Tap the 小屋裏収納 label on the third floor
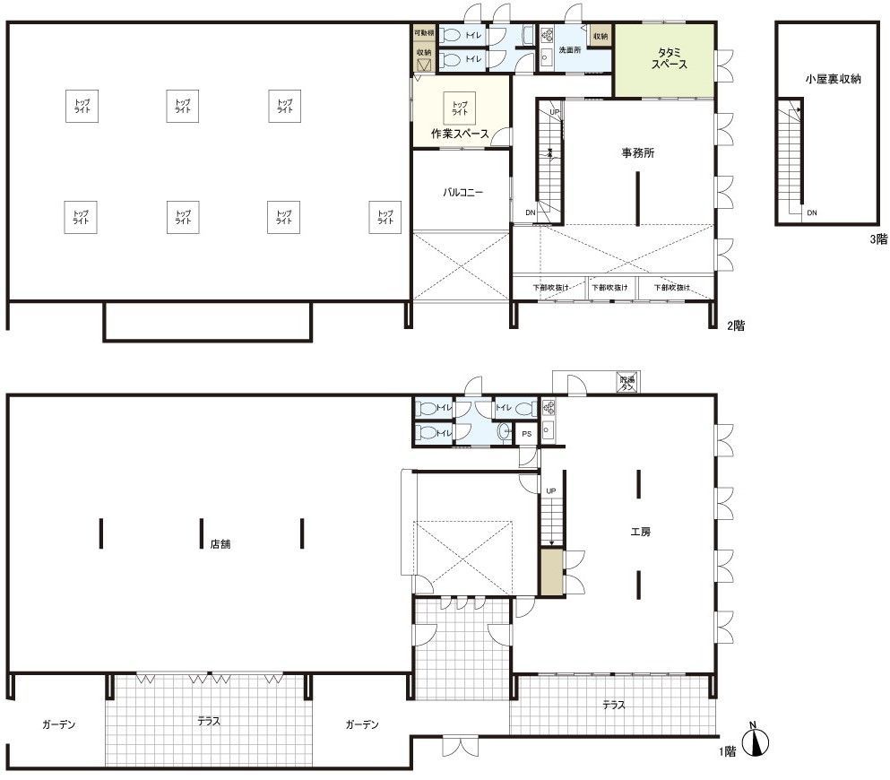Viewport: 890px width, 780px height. coord(833,80)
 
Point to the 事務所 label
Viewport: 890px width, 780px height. coord(637,153)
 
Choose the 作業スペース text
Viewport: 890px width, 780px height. coord(460,134)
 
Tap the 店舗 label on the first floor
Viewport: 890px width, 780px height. coord(220,544)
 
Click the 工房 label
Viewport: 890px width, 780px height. coord(640,532)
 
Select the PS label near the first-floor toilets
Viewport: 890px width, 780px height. coord(526,434)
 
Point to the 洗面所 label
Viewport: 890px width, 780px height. coord(570,50)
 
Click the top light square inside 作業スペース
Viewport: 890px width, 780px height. coord(460,108)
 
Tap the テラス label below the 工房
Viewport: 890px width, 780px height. coord(613,705)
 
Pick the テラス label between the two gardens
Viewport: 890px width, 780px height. coord(208,720)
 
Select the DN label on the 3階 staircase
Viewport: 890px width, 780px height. coord(811,213)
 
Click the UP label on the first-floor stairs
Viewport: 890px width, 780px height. coord(551,491)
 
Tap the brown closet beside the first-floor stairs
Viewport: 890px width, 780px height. coord(551,574)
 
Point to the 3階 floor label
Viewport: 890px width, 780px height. coord(877,239)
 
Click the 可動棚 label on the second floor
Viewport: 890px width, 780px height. coord(424,33)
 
